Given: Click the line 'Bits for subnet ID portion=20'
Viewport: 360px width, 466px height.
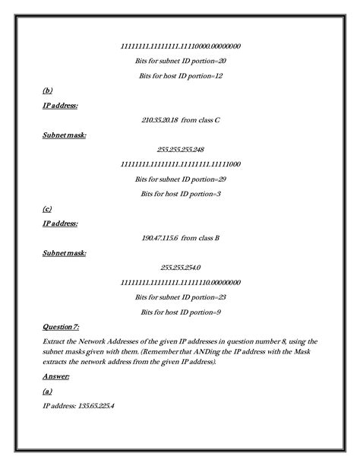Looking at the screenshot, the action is click(x=180, y=61).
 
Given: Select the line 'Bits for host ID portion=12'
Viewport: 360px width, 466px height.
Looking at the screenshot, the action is click(x=180, y=76).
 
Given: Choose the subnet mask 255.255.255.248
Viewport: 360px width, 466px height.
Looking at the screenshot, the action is click(x=180, y=149).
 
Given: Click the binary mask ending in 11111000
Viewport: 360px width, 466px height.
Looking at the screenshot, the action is click(x=180, y=164).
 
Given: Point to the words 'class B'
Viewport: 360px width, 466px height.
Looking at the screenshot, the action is click(x=207, y=238).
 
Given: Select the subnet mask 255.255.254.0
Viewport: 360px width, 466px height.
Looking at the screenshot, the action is click(x=180, y=267).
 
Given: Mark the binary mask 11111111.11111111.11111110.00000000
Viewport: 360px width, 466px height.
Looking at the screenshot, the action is click(x=180, y=282).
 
